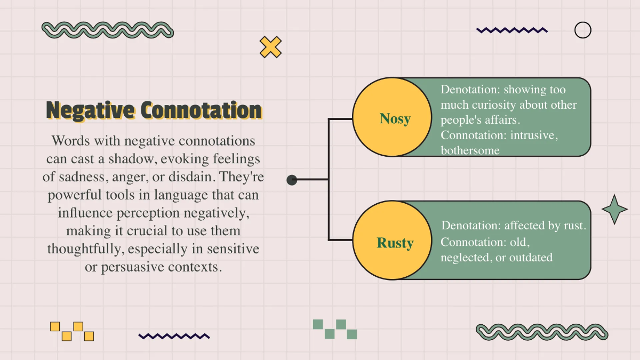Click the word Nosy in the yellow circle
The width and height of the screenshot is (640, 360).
[395, 118]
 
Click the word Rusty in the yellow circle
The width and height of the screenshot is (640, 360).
[395, 243]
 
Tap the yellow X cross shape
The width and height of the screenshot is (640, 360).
[270, 47]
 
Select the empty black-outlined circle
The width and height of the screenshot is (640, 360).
[582, 30]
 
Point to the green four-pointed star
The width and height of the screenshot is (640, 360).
[614, 209]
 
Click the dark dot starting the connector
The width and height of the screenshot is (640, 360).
[292, 180]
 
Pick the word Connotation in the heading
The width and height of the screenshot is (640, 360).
[201, 111]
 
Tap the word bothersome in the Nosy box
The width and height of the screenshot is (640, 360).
[470, 150]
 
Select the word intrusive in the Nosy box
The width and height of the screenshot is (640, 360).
[534, 135]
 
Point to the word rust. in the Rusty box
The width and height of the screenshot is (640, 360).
[574, 226]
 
